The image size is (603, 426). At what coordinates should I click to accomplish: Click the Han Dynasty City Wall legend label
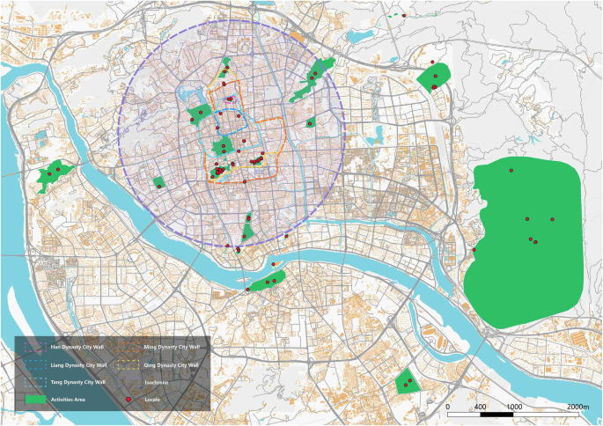pyautogui.click(x=72, y=348)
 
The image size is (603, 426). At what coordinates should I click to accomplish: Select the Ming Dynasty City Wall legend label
pyautogui.click(x=170, y=348)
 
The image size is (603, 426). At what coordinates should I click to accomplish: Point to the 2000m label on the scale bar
pyautogui.click(x=577, y=407)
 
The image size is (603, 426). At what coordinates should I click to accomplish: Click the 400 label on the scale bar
pyautogui.click(x=481, y=407)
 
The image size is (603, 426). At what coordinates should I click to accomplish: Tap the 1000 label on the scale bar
pyautogui.click(x=513, y=407)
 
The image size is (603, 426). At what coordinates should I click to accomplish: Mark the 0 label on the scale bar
pyautogui.click(x=448, y=407)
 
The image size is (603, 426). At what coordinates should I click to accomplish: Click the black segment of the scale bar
pyautogui.click(x=497, y=414)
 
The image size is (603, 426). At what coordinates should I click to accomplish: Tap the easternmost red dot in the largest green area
pyautogui.click(x=552, y=218)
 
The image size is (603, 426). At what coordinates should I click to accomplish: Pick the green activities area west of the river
pyautogui.click(x=53, y=176)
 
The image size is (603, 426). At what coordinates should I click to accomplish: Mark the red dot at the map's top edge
pyautogui.click(x=403, y=15)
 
